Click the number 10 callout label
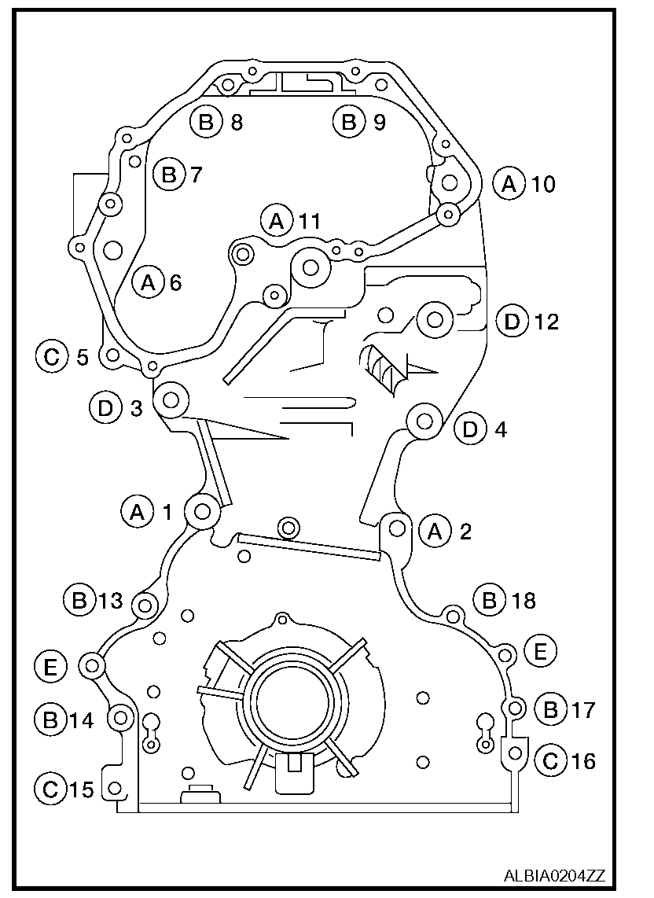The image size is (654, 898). pos(542,184)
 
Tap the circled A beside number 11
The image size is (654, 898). pos(277,221)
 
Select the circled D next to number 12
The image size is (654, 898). pos(512,322)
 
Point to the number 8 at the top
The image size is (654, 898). pos(236,122)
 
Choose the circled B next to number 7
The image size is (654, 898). pos(168,174)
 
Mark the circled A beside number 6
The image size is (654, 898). pos(147,282)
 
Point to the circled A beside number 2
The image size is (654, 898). pos(435,532)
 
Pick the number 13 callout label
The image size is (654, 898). pos(110,601)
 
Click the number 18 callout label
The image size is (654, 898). pos(522,601)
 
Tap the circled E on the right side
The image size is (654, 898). pos(540,650)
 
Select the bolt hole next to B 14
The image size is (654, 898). pos(121,716)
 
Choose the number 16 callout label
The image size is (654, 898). pos(583,760)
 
